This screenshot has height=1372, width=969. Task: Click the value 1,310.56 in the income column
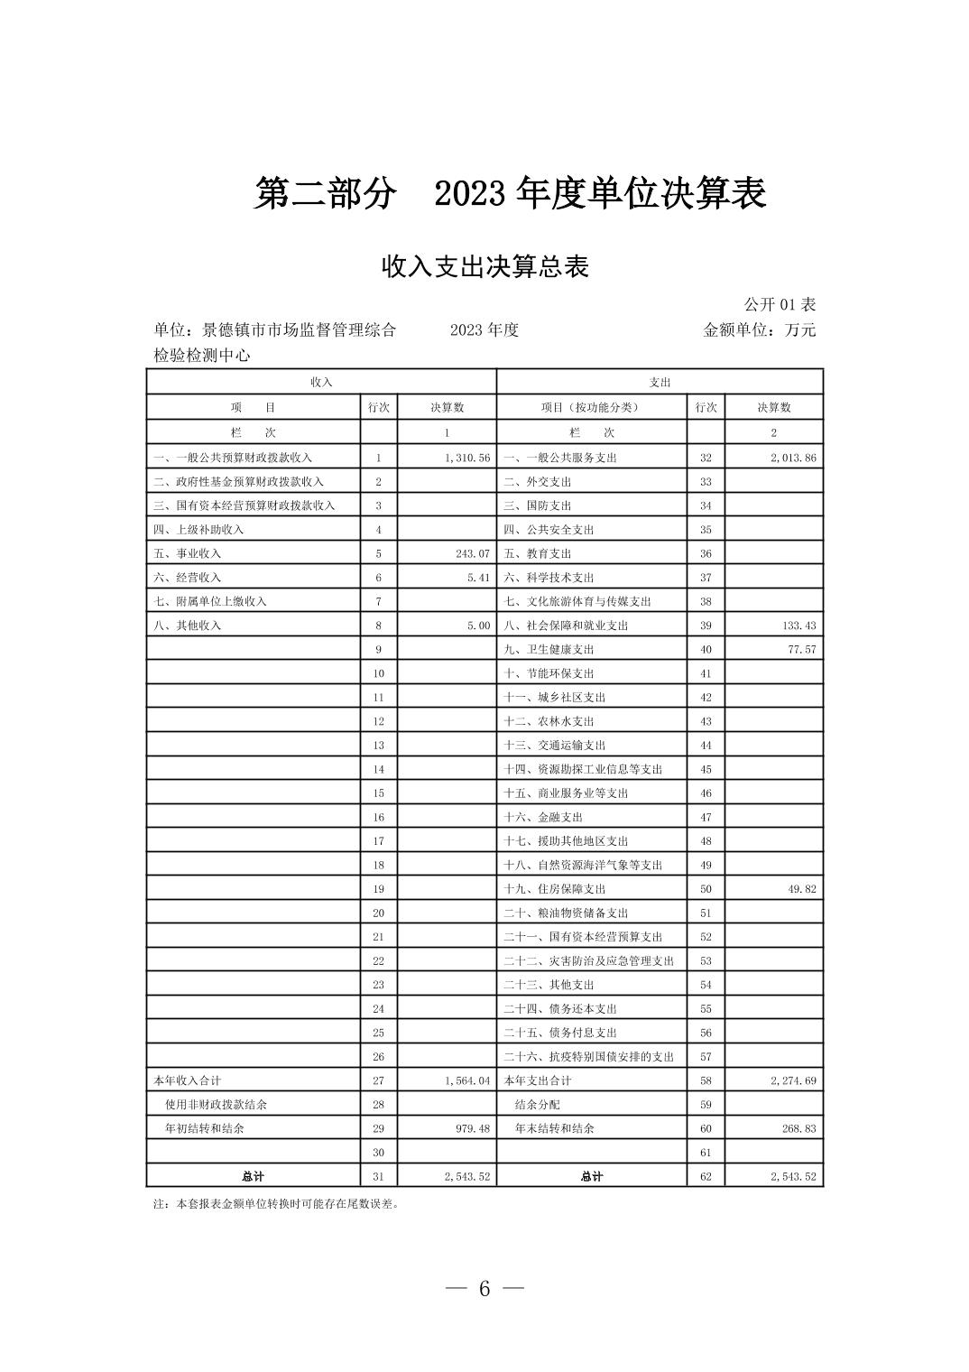pyautogui.click(x=466, y=458)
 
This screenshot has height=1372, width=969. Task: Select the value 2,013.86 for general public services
pyautogui.click(x=793, y=458)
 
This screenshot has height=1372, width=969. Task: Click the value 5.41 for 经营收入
pyautogui.click(x=478, y=578)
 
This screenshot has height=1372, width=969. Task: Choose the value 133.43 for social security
pyautogui.click(x=798, y=626)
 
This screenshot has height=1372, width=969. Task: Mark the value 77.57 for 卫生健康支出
pyautogui.click(x=801, y=649)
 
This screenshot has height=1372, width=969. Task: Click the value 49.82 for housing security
pyautogui.click(x=801, y=889)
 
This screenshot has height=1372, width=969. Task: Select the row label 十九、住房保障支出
pyautogui.click(x=554, y=889)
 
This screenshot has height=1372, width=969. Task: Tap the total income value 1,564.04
pyautogui.click(x=466, y=1080)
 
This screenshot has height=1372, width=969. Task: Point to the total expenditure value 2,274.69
pyautogui.click(x=793, y=1080)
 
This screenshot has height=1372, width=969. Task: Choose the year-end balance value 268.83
pyautogui.click(x=798, y=1128)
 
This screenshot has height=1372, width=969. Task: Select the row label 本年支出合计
pyautogui.click(x=538, y=1080)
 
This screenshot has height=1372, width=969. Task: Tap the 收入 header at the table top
pyautogui.click(x=321, y=382)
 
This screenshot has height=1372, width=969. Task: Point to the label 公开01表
pyautogui.click(x=780, y=304)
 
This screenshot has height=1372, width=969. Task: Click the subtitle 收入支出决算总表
pyautogui.click(x=484, y=267)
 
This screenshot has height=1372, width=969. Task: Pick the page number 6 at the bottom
pyautogui.click(x=484, y=1289)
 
